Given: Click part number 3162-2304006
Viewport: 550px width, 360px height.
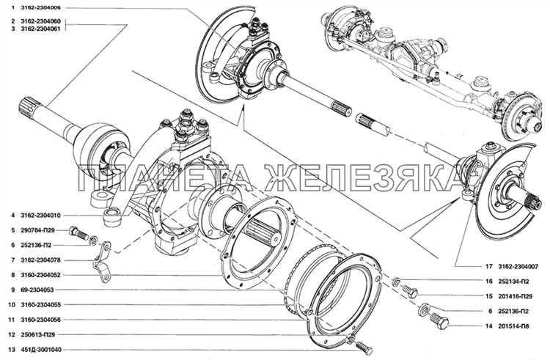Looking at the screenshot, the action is coord(40,7).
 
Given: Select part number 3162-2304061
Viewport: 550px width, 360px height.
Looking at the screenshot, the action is coord(40,29).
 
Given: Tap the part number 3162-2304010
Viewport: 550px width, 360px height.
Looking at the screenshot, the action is coord(40,216).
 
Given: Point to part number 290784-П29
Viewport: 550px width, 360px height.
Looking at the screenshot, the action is coord(37,230).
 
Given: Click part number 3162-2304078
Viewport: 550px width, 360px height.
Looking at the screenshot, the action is coord(40,260).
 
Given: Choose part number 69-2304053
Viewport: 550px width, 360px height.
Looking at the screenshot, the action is coord(37,290).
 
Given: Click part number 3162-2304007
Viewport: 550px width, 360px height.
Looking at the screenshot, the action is coord(518,267).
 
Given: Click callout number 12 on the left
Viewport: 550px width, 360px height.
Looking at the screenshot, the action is coord(12,335).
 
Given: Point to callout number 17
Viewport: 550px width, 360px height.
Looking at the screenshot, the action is coord(489,267).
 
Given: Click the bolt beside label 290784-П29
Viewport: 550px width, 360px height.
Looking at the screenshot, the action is coord(78,232).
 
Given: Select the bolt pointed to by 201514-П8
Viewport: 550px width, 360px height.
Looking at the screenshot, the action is coord(439,320).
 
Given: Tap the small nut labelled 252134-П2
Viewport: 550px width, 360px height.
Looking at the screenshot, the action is coord(395,281).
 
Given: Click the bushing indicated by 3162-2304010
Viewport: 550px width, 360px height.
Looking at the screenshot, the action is coord(113,217).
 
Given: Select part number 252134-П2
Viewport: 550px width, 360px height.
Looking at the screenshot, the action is coord(513,282).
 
